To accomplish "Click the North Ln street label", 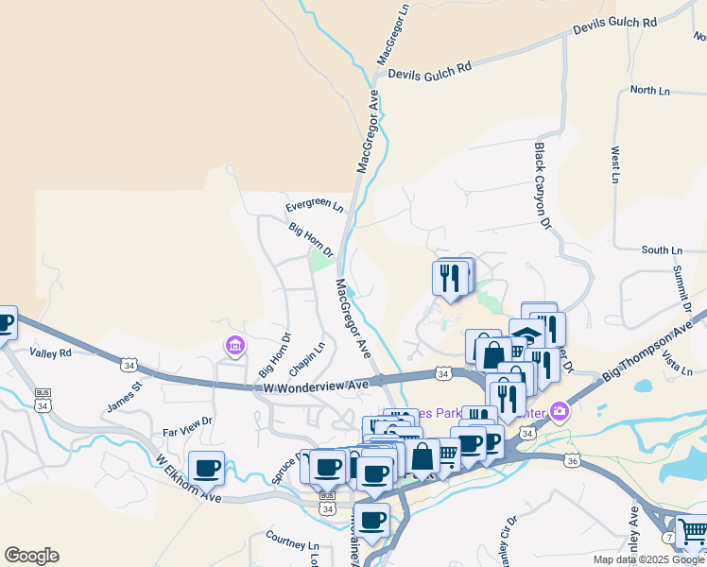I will [x=649, y=91].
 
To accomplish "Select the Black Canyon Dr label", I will [x=542, y=186].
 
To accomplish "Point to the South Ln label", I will [x=661, y=250].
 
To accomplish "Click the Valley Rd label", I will [x=50, y=353].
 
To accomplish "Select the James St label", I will [x=124, y=395].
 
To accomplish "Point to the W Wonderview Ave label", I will [x=315, y=387].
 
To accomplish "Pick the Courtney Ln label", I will [x=292, y=544].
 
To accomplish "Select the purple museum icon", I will [x=233, y=348].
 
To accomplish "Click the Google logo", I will [x=31, y=556].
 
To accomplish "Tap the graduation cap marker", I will [x=526, y=334].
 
